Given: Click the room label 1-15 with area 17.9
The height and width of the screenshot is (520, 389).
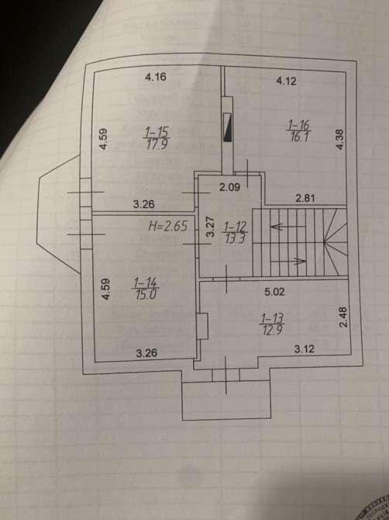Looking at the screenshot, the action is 157,139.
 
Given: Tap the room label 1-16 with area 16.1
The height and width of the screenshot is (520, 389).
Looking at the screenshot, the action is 299,130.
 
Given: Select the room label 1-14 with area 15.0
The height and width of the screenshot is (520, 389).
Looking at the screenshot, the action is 146,289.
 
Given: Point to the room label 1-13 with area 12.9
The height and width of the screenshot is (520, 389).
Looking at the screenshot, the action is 273,324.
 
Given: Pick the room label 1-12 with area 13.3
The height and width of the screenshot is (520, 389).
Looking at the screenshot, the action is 236,233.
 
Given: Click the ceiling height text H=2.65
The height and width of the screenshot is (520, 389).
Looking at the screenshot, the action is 168,226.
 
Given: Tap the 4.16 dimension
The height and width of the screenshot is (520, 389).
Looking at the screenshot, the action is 156,78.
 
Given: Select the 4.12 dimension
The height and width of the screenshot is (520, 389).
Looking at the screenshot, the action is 287,81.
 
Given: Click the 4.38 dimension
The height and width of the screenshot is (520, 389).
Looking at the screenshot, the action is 340,139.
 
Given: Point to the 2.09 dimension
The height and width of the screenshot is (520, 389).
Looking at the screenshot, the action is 230,187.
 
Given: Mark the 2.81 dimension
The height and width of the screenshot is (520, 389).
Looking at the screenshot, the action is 305,199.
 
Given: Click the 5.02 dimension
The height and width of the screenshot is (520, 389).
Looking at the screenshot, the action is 274,292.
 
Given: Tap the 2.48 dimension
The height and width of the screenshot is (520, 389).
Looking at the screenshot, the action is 343,317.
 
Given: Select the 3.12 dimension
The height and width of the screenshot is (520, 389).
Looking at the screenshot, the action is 305,349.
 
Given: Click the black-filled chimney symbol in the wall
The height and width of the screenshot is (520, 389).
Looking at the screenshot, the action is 228,127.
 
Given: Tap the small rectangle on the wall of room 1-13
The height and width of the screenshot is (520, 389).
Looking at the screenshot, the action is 202,326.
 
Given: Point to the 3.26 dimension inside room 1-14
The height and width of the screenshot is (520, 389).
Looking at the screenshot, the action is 146,353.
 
